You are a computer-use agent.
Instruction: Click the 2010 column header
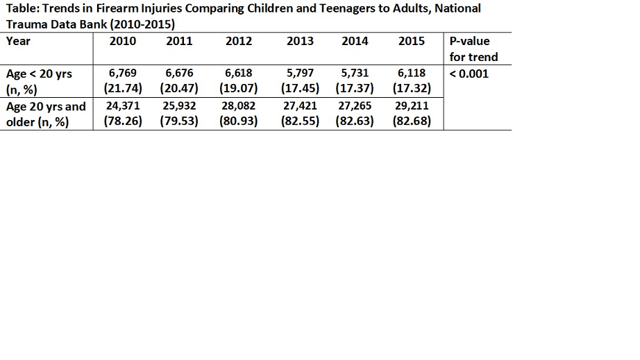pos(122,41)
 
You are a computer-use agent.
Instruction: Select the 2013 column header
pos(300,41)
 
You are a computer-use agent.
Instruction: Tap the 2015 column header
pos(412,41)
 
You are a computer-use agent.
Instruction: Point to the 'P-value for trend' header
pos(473,49)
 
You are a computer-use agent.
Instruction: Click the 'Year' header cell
pos(18,41)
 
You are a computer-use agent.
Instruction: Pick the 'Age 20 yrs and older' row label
pos(46,114)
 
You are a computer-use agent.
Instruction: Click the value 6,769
pos(122,74)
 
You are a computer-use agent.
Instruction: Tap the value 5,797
pos(300,74)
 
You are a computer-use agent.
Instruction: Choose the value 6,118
pos(412,74)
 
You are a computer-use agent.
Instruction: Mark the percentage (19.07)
pos(238,89)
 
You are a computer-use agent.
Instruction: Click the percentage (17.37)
pos(355,89)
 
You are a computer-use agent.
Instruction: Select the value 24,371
pos(123,106)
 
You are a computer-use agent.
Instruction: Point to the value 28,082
pos(238,106)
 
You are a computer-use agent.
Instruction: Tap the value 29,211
pos(412,106)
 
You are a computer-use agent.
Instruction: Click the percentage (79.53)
pos(179,121)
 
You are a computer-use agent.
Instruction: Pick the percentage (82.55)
pos(300,121)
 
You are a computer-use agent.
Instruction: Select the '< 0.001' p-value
pos(469,74)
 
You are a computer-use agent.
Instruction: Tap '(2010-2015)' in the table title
pos(142,24)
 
